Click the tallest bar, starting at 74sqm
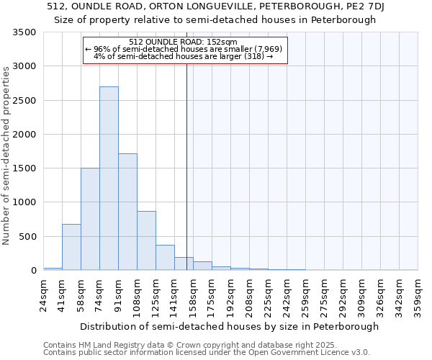point(109,179)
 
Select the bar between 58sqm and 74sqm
point(90,219)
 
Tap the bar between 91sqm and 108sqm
point(127,212)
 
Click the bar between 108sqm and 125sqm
point(146,240)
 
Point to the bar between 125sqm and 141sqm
point(165,257)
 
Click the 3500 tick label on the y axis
point(24,32)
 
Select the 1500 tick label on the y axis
point(24,168)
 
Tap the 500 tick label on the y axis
point(27,236)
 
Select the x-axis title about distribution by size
point(229,326)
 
